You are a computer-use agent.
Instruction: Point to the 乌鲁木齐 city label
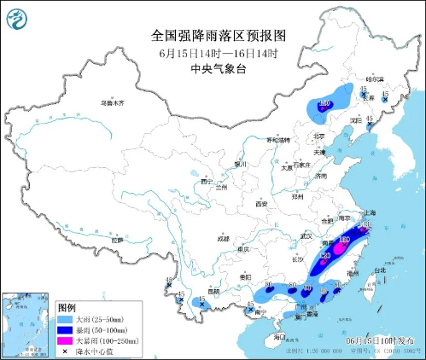[x=112, y=102]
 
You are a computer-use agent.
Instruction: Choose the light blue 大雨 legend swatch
[x=65, y=318]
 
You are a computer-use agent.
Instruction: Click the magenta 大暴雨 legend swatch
[x=65, y=340]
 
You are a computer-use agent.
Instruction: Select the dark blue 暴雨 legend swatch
[x=65, y=329]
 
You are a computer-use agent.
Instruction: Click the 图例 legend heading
[x=67, y=306]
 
